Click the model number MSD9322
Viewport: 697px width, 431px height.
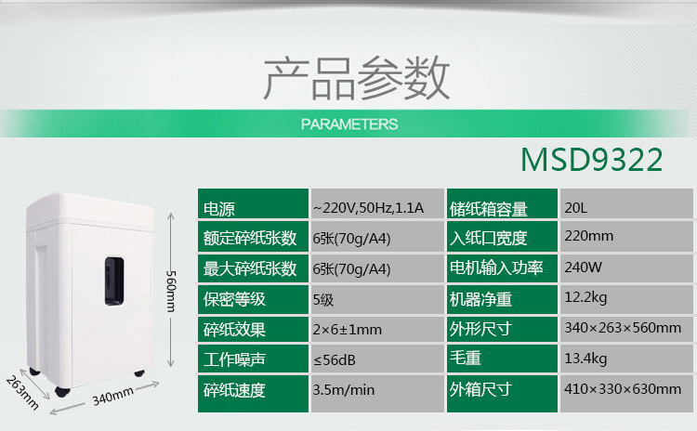click(x=592, y=160)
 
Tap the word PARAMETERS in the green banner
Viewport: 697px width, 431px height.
click(x=349, y=124)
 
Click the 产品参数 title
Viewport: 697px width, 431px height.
click(x=357, y=78)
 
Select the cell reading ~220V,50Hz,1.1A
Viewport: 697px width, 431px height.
click(x=368, y=208)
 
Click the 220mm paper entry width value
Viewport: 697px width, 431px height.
click(x=589, y=236)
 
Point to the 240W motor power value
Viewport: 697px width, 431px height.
click(x=584, y=267)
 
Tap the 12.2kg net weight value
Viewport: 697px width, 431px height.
click(x=585, y=297)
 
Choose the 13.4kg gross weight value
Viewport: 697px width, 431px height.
click(x=585, y=359)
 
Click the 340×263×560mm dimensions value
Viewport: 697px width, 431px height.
click(x=623, y=328)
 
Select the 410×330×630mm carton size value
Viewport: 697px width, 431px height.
click(x=623, y=389)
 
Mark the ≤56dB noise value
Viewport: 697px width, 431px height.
click(x=335, y=359)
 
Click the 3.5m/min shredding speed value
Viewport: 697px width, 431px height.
click(x=344, y=390)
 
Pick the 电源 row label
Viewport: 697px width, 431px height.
click(x=218, y=209)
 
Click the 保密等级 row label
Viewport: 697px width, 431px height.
click(x=234, y=299)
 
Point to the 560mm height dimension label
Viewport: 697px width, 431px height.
click(x=171, y=291)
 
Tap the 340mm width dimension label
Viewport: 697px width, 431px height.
click(x=112, y=396)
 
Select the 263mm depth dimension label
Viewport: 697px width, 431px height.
click(x=22, y=392)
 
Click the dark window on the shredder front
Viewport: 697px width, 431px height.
click(x=114, y=281)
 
